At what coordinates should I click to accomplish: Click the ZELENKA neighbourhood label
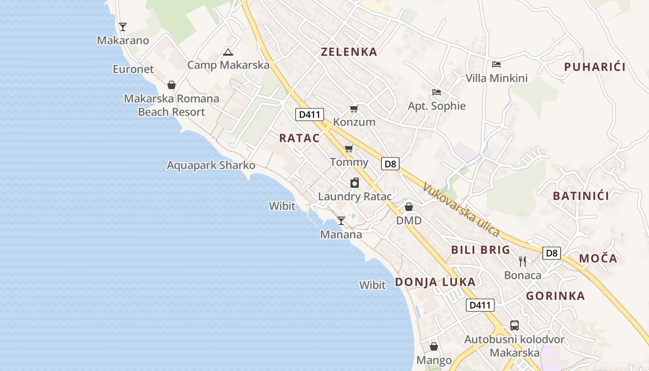click(349, 52)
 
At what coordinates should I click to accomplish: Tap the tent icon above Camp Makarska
click(228, 52)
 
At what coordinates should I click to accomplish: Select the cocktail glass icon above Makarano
click(123, 27)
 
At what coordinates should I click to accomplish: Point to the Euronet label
click(133, 70)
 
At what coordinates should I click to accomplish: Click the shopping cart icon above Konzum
click(354, 109)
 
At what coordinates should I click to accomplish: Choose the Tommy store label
click(349, 162)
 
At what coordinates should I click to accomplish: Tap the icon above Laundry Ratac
click(355, 183)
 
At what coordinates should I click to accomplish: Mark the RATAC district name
click(299, 138)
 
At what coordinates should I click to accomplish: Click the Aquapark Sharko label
click(211, 166)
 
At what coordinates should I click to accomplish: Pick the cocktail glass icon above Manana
click(341, 221)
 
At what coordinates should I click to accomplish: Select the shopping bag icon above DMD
click(409, 207)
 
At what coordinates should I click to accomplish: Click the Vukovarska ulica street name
click(461, 210)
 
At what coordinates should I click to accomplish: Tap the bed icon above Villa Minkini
click(496, 64)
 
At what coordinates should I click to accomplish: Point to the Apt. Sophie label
click(437, 106)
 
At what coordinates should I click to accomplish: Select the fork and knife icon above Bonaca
click(523, 262)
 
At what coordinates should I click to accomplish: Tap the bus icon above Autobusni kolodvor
click(515, 326)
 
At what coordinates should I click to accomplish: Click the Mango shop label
click(434, 360)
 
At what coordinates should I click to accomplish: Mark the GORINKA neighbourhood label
click(555, 296)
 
